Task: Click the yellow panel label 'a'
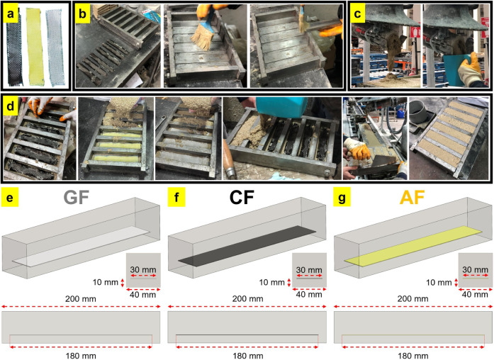[x=11, y=14]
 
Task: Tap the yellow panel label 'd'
[x=11, y=106]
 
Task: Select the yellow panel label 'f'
[x=176, y=198]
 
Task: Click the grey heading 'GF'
[x=76, y=198]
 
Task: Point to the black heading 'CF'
[x=242, y=198]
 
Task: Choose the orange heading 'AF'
[x=412, y=198]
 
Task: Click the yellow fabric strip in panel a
[x=34, y=47]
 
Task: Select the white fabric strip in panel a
[x=55, y=47]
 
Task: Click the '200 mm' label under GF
[x=81, y=298]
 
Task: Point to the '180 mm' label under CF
[x=248, y=356]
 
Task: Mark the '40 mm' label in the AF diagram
[x=475, y=295]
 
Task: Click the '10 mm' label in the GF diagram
[x=105, y=282]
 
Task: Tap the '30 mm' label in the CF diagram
[x=309, y=270]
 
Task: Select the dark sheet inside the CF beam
[x=247, y=246]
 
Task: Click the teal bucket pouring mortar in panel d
[x=281, y=107]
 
